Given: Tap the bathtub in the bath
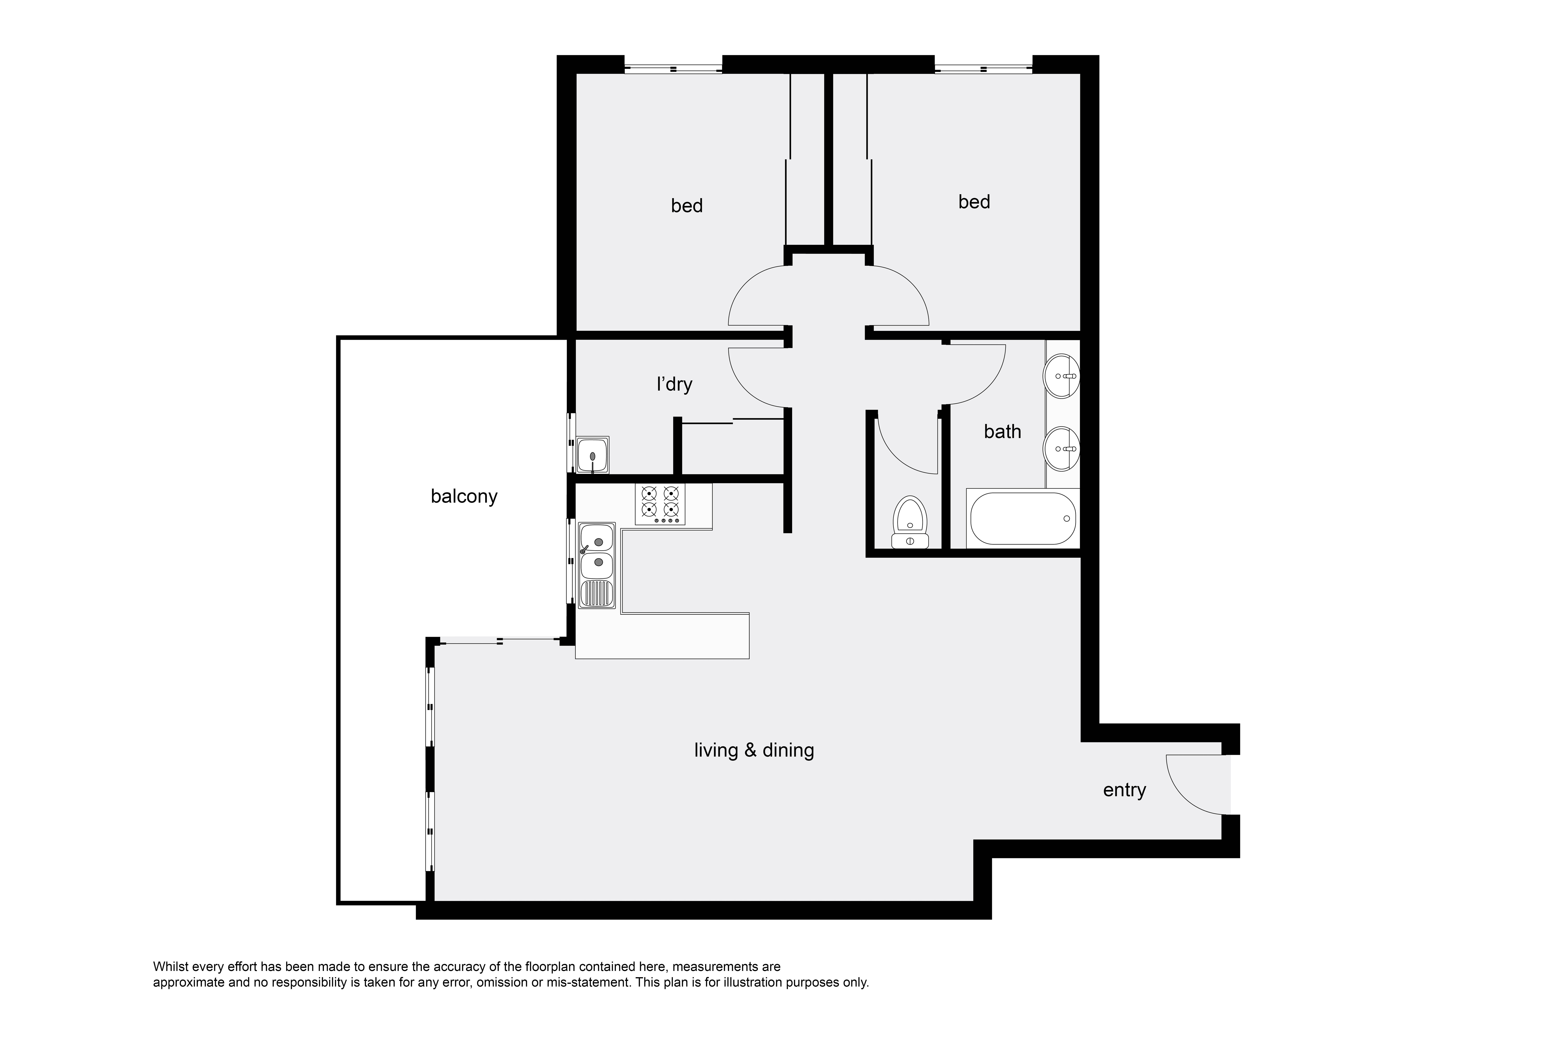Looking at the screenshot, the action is tap(1023, 518).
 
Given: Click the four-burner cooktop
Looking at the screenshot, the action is tap(660, 505).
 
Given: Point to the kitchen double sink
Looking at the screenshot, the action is tap(597, 566).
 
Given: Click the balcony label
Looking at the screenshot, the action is tap(464, 497).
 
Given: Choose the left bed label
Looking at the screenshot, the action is tap(687, 206).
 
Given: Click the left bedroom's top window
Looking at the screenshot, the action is tap(673, 68).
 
